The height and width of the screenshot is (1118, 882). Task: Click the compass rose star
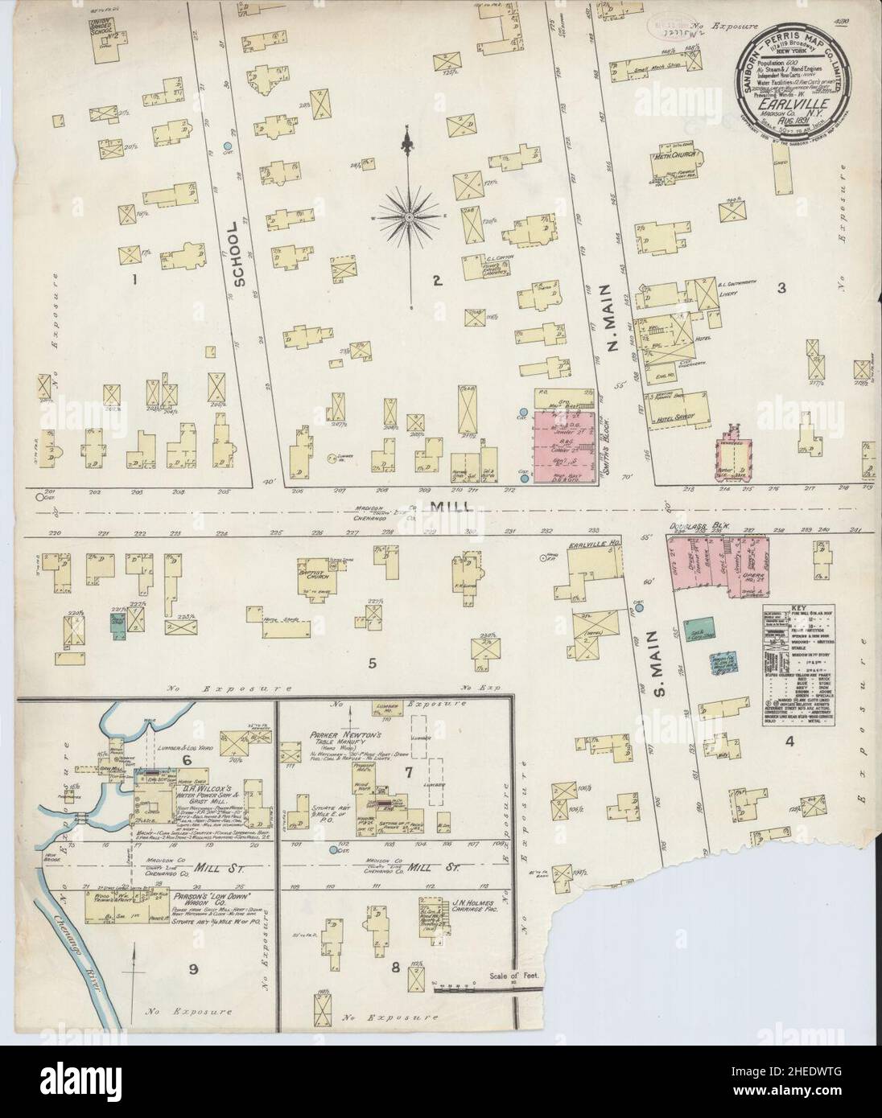click(410, 217)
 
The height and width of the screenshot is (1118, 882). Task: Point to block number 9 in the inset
click(193, 969)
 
